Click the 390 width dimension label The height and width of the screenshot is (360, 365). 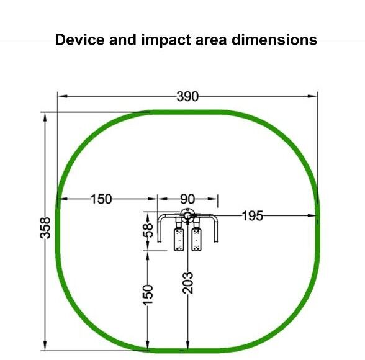[187, 96]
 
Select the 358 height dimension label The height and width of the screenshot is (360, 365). [45, 228]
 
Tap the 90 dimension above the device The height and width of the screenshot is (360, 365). [187, 199]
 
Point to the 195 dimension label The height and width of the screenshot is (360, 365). [253, 216]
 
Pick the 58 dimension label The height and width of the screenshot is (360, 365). [148, 230]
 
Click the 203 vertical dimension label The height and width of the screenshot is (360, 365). [187, 283]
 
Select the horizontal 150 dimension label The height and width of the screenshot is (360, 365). [101, 199]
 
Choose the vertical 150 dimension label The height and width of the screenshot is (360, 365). [148, 295]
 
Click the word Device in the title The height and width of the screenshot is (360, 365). [79, 40]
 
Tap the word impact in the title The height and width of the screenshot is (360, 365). [166, 40]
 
